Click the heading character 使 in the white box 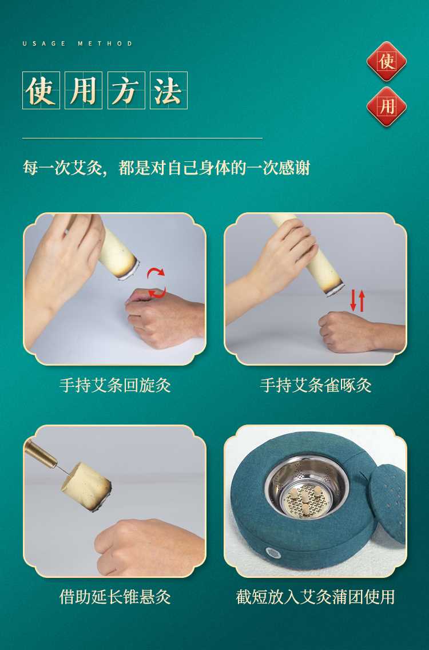click(x=41, y=90)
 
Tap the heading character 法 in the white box click(x=168, y=90)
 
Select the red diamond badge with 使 click(x=386, y=62)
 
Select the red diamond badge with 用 click(x=386, y=106)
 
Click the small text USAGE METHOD click(x=78, y=43)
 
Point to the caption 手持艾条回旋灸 click(x=115, y=385)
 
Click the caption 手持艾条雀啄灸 click(x=315, y=385)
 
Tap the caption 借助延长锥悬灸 click(x=115, y=597)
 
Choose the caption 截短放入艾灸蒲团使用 click(x=315, y=597)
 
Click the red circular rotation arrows click(x=157, y=283)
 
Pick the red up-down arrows click(x=357, y=300)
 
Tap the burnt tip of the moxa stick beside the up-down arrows click(x=334, y=289)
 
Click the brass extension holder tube click(x=40, y=453)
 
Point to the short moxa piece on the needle click(x=86, y=487)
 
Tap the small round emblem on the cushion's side click(x=272, y=553)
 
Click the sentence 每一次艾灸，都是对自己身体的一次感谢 click(x=166, y=168)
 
